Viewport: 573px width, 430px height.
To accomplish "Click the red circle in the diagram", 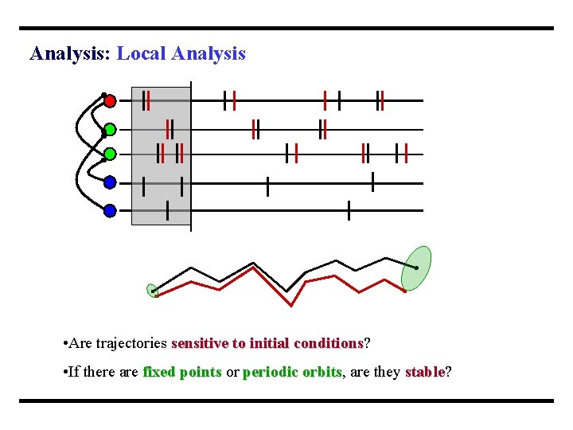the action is click(110, 101).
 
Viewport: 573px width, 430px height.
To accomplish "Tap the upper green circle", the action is click(110, 128).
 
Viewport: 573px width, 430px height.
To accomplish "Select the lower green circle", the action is click(110, 154).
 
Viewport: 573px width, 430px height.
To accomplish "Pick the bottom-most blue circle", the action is click(110, 211).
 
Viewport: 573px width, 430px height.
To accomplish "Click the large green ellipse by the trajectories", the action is click(416, 268).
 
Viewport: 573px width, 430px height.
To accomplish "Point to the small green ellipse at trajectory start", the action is click(152, 291).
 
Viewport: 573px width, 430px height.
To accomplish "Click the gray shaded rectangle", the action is click(161, 199).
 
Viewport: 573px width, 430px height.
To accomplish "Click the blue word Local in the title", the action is click(141, 54).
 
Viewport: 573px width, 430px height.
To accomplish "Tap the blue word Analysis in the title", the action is click(207, 54).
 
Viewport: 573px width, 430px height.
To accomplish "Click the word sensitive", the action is click(200, 344).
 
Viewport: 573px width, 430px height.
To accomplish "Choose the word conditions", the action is click(328, 344).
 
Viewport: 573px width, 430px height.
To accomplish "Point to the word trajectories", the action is click(131, 344).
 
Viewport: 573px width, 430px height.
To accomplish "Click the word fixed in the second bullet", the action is click(159, 373).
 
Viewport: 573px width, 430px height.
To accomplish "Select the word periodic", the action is click(271, 373).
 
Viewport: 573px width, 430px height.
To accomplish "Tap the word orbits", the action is click(322, 373).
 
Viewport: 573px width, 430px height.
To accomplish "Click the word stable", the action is click(425, 373).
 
